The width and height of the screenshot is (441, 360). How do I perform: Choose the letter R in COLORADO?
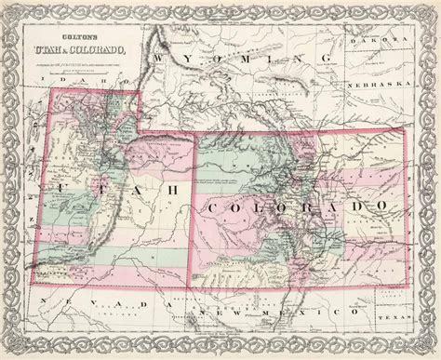(304, 204)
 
